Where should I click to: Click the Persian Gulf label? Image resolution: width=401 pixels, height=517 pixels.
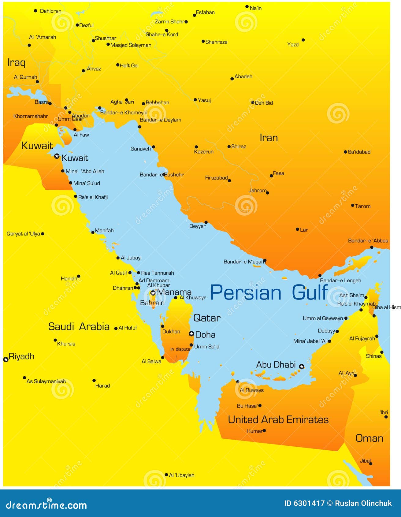click(x=269, y=292)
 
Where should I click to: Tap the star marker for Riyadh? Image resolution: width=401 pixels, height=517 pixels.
click(x=6, y=359)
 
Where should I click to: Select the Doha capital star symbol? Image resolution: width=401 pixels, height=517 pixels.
click(x=191, y=333)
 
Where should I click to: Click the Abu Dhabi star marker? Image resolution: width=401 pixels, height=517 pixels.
click(x=302, y=366)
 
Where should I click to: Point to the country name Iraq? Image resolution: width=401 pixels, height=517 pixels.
click(x=17, y=62)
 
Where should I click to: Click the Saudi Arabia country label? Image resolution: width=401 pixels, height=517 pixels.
click(x=79, y=327)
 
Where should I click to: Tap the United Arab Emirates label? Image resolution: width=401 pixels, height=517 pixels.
click(x=278, y=419)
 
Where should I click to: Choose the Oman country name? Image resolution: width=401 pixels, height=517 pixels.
click(x=369, y=438)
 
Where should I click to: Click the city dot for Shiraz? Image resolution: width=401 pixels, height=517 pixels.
click(x=229, y=147)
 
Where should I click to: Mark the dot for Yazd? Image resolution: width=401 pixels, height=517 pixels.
click(x=303, y=40)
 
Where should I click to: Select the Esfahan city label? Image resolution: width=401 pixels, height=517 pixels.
click(x=205, y=13)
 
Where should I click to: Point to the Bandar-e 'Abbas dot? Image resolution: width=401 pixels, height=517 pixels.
click(x=372, y=247)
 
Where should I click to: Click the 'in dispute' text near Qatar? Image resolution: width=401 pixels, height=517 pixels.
click(x=180, y=349)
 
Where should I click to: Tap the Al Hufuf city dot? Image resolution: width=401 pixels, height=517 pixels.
click(x=116, y=329)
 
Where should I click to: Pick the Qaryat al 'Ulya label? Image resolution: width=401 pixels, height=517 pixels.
click(x=23, y=234)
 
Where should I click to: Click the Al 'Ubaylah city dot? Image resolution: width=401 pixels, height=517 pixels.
click(x=166, y=475)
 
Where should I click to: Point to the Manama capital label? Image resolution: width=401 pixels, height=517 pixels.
click(x=174, y=292)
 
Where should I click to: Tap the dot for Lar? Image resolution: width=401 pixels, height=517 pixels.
click(x=297, y=229)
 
